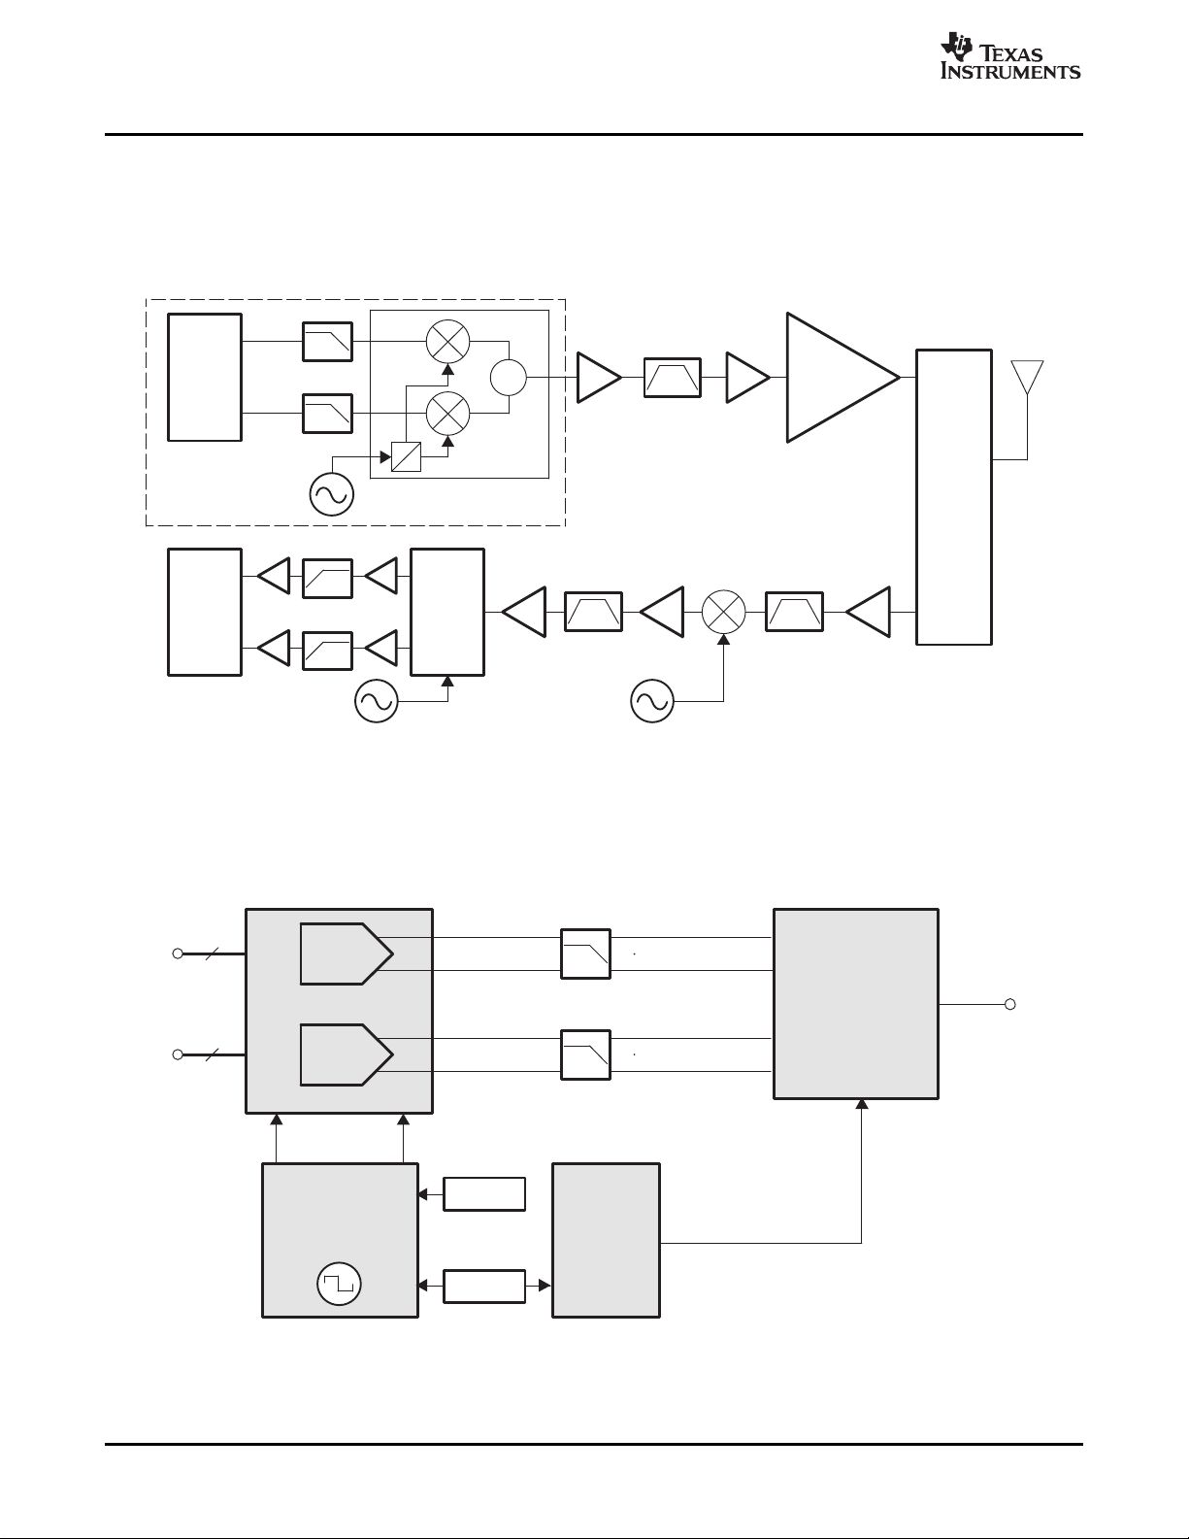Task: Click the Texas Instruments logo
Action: pyautogui.click(x=1010, y=56)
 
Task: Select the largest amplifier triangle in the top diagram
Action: pyautogui.click(x=842, y=378)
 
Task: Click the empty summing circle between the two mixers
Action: pyautogui.click(x=509, y=377)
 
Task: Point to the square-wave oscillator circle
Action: pyautogui.click(x=339, y=1284)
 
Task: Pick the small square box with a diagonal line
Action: pyautogui.click(x=407, y=456)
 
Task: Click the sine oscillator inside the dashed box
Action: pyautogui.click(x=332, y=494)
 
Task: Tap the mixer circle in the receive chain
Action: pyautogui.click(x=723, y=612)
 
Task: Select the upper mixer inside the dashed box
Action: pyautogui.click(x=448, y=341)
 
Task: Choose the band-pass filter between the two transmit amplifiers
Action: pyautogui.click(x=673, y=378)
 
